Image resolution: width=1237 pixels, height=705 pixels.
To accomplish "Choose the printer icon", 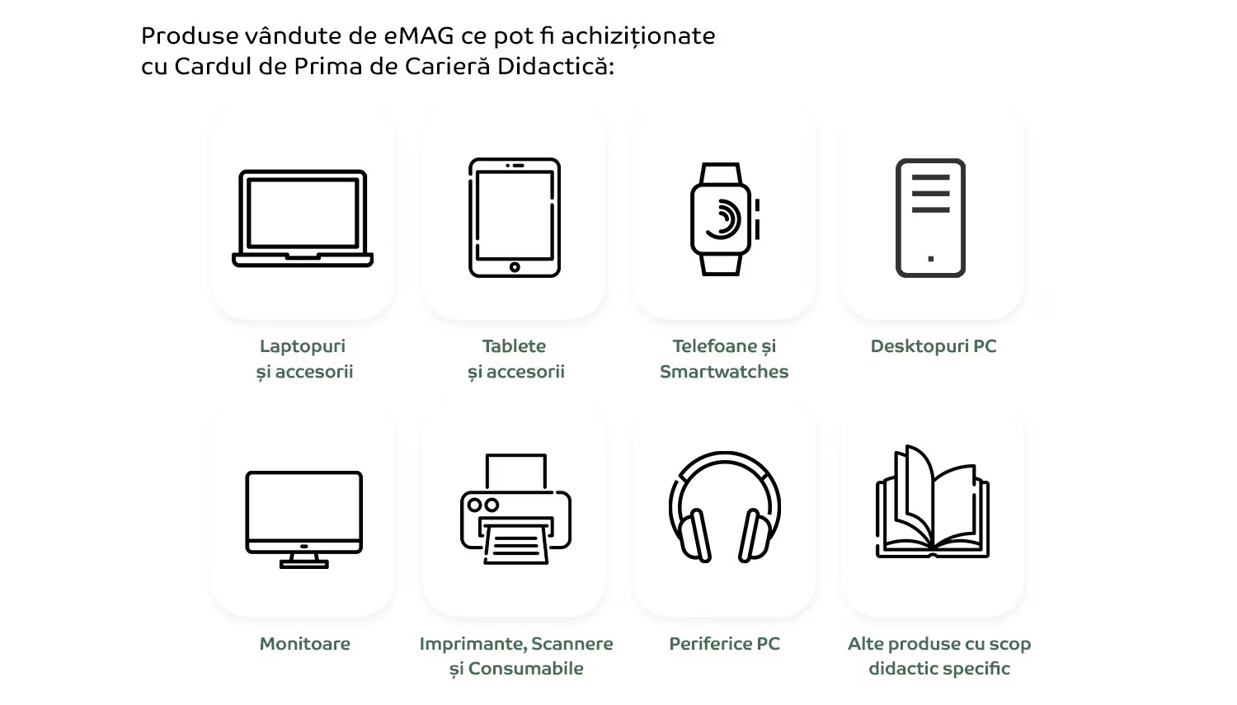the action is click(515, 509).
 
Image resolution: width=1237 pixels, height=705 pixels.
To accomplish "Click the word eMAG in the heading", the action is click(419, 36).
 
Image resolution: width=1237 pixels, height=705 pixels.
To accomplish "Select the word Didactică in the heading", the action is click(556, 66).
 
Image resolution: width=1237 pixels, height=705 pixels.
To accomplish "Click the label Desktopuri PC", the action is click(934, 346).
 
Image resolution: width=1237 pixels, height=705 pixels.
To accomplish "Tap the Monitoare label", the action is click(305, 644).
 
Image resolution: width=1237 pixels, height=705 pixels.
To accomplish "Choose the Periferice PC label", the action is click(725, 644).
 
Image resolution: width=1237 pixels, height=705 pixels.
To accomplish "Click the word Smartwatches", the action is click(724, 372).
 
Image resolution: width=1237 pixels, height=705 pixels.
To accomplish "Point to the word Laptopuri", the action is click(303, 346).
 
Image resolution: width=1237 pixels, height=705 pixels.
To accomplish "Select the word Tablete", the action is click(514, 346).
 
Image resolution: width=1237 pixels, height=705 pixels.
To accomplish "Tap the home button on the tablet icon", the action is click(515, 267).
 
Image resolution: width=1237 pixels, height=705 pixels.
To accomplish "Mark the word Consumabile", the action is click(526, 669).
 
